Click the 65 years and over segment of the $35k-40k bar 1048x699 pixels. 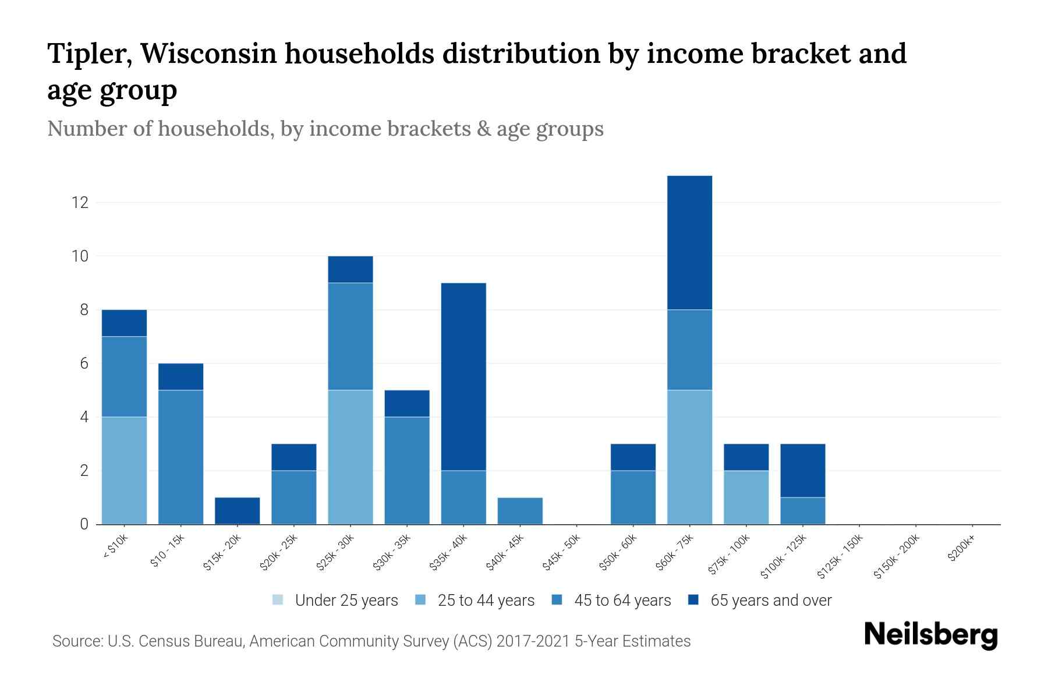[x=463, y=376]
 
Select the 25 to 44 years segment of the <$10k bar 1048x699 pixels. [x=124, y=470]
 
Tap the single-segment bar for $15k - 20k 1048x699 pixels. [x=237, y=511]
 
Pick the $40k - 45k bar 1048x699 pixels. [x=520, y=511]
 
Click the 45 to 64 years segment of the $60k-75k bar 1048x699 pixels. [x=689, y=349]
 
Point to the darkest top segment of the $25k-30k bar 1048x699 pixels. [x=350, y=269]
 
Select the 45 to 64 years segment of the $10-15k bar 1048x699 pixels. [x=180, y=457]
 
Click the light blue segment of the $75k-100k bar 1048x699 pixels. [x=746, y=497]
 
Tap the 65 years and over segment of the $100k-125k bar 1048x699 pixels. [x=802, y=470]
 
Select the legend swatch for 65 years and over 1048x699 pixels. [x=693, y=600]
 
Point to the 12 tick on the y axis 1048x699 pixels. [x=80, y=203]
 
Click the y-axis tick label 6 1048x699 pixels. [x=84, y=363]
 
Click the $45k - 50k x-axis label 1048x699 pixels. [x=561, y=553]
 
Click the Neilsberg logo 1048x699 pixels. [x=930, y=636]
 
